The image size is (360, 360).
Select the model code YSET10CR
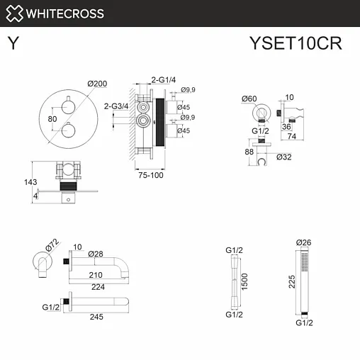click(296, 44)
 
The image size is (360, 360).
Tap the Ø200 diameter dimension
click(97, 84)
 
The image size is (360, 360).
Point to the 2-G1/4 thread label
click(163, 79)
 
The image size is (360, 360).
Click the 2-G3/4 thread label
click(116, 106)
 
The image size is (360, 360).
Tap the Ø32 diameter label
click(284, 157)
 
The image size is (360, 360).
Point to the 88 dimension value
click(249, 150)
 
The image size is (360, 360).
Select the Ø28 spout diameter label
click(96, 254)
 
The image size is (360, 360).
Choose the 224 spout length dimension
click(98, 287)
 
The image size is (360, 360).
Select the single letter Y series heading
click(13, 44)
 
